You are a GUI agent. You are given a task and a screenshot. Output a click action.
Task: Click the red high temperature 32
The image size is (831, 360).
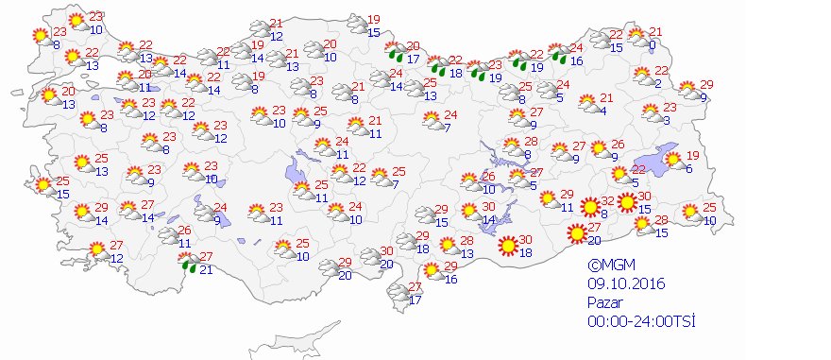click(x=608, y=199)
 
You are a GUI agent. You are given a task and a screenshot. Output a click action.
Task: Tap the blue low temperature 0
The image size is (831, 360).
click(x=653, y=44)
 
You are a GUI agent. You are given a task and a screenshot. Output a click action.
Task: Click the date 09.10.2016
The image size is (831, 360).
click(x=619, y=282)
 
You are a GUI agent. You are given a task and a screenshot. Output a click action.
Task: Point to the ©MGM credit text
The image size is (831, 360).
click(x=609, y=266)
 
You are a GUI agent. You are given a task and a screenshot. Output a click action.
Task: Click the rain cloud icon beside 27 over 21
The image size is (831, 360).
click(x=190, y=263)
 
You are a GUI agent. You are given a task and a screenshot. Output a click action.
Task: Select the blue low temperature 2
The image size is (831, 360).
click(x=657, y=83)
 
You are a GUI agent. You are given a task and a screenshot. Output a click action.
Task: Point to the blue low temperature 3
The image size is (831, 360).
click(x=666, y=119)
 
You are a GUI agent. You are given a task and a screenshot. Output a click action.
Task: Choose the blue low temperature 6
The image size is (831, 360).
click(x=689, y=168)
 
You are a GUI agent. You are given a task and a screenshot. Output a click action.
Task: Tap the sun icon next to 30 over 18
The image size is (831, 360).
click(x=508, y=245)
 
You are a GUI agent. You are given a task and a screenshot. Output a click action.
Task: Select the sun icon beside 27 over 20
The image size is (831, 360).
click(x=577, y=233)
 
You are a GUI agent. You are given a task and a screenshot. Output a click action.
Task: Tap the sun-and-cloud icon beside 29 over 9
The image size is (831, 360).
click(x=690, y=92)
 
